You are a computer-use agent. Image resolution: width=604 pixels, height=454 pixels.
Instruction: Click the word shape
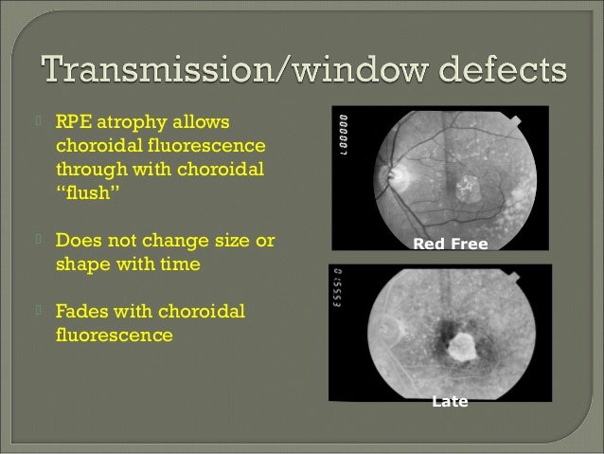[x=83, y=264]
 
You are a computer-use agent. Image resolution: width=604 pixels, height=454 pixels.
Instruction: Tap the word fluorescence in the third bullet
[x=115, y=335]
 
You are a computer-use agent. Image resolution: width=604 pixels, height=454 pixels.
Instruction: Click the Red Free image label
[x=450, y=245]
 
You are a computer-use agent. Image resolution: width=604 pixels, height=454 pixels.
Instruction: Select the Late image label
[x=450, y=402]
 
